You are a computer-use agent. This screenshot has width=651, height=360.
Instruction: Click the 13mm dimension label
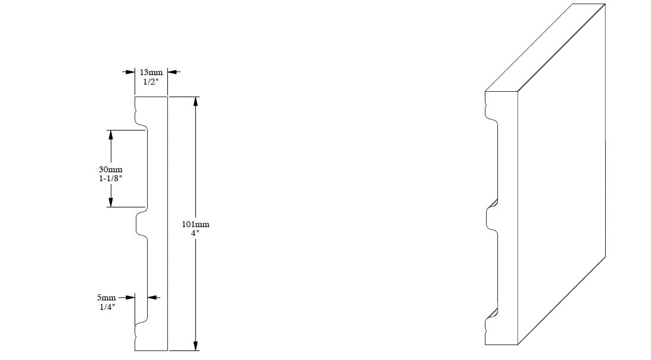[151, 72]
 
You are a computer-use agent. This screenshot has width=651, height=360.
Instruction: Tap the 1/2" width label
[151, 82]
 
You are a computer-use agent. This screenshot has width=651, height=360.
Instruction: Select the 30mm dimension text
[110, 170]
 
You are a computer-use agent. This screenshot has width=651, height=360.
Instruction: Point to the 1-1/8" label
[110, 179]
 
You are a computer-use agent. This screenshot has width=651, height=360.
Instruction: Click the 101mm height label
[195, 225]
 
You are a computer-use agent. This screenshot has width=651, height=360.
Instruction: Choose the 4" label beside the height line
[195, 233]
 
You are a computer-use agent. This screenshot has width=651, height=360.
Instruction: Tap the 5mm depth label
[106, 297]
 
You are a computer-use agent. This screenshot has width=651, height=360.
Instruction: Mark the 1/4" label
[107, 307]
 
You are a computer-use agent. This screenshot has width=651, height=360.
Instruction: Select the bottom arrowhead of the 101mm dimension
[195, 346]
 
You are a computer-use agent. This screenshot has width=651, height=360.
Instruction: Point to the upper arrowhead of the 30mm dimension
[111, 135]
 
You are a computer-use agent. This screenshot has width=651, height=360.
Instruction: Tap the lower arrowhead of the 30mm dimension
[111, 202]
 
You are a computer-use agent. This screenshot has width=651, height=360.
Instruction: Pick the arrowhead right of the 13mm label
[173, 72]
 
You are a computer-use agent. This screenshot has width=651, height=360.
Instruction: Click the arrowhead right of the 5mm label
[153, 297]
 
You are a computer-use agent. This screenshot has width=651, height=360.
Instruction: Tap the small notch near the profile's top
[136, 111]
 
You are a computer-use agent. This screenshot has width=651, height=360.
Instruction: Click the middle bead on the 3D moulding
[487, 218]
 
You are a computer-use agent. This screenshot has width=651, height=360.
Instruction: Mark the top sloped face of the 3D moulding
[545, 48]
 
